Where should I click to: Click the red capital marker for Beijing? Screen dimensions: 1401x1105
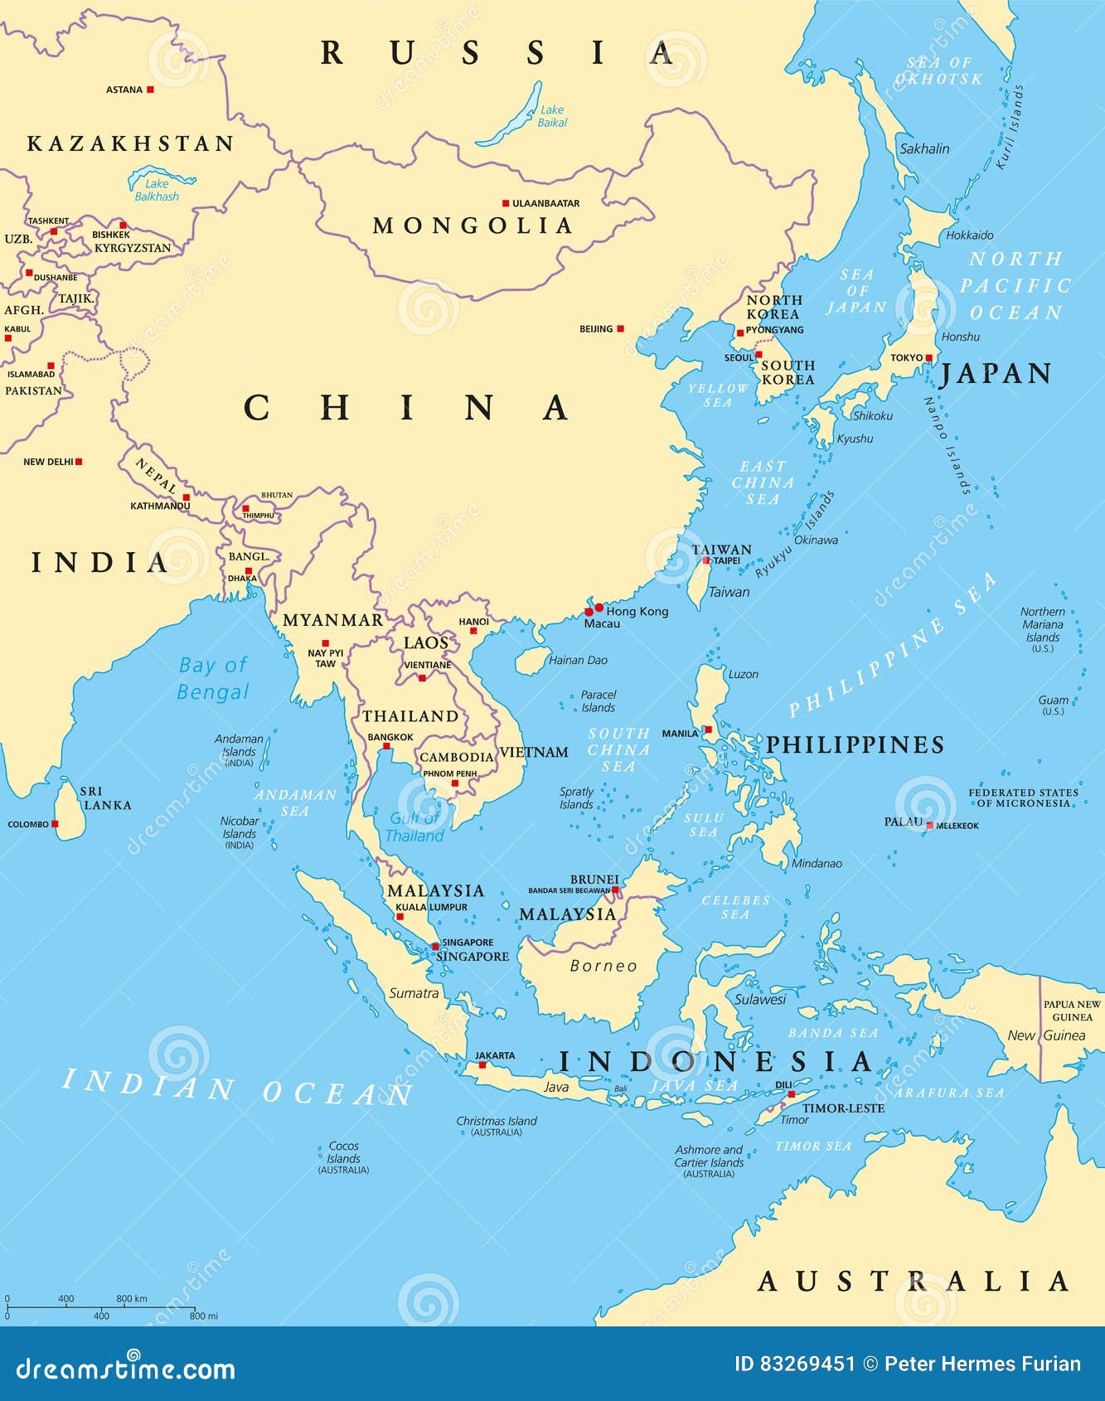pyautogui.click(x=620, y=329)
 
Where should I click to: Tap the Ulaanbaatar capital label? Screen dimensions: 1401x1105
pyautogui.click(x=545, y=203)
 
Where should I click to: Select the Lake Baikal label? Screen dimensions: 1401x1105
pyautogui.click(x=552, y=116)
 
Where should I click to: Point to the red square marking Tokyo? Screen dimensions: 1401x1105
pyautogui.click(x=929, y=358)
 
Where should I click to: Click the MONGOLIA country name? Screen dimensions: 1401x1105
pyautogui.click(x=473, y=225)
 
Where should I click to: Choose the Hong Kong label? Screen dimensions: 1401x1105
pyautogui.click(x=637, y=611)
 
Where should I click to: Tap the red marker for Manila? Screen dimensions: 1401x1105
pyautogui.click(x=708, y=730)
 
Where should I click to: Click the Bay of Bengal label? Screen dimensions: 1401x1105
pyautogui.click(x=213, y=678)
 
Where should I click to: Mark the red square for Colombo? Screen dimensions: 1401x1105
pyautogui.click(x=55, y=824)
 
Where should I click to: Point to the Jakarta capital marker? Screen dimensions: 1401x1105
pyautogui.click(x=482, y=1064)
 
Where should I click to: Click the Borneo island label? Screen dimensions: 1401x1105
pyautogui.click(x=603, y=966)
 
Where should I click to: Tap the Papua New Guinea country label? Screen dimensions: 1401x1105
pyautogui.click(x=1072, y=1011)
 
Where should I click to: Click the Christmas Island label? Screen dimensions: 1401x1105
pyautogui.click(x=497, y=1122)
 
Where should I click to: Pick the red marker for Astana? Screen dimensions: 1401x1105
pyautogui.click(x=150, y=90)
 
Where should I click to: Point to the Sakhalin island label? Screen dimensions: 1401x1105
pyautogui.click(x=924, y=149)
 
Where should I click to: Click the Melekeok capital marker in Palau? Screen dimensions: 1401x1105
pyautogui.click(x=930, y=826)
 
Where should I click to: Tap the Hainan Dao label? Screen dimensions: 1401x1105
pyautogui.click(x=578, y=661)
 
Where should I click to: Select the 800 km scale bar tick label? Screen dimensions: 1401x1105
pyautogui.click(x=132, y=1299)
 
